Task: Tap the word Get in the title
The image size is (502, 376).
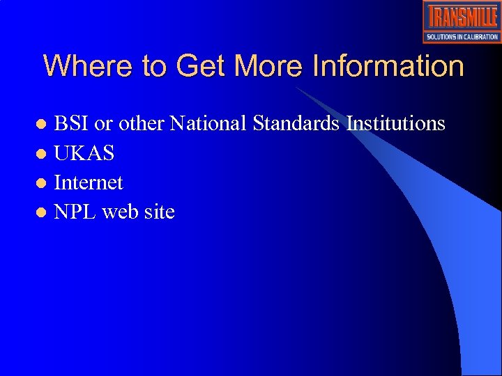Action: [202, 67]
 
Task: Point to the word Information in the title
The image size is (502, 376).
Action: [388, 67]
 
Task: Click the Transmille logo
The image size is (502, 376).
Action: [462, 17]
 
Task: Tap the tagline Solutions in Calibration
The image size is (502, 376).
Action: [462, 37]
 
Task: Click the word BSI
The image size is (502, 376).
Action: [72, 124]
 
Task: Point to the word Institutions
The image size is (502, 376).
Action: [395, 124]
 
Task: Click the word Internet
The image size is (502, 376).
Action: [89, 183]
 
